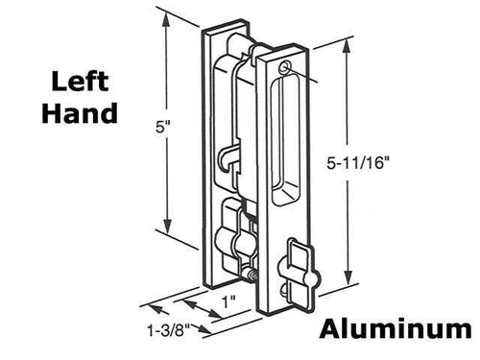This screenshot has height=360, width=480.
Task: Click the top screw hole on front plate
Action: coord(286,68)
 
